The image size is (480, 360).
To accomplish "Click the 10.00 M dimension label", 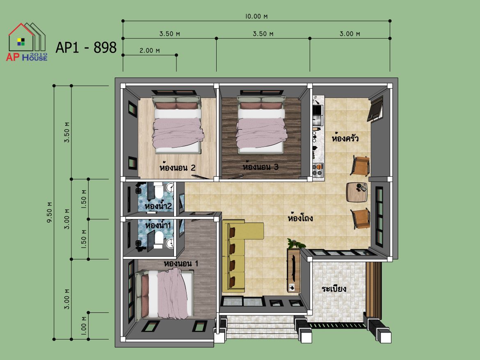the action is pyautogui.click(x=256, y=16).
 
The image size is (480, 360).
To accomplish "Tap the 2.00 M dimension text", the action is pyautogui.click(x=150, y=50).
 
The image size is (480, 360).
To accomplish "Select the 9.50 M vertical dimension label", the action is pyautogui.click(x=50, y=212).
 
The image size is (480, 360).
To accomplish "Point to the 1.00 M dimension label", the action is pyautogui.click(x=84, y=325).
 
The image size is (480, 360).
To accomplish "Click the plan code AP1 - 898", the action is pyautogui.click(x=86, y=48).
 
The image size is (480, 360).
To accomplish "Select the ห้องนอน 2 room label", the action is pyautogui.click(x=177, y=167).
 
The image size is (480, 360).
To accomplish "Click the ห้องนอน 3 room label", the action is pyautogui.click(x=261, y=166).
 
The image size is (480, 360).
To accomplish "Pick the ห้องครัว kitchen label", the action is pyautogui.click(x=345, y=138).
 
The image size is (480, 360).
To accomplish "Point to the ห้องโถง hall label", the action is pyautogui.click(x=300, y=218).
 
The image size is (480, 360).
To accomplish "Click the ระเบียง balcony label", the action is pyautogui.click(x=334, y=288).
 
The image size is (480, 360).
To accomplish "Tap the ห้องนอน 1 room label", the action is pyautogui.click(x=181, y=263).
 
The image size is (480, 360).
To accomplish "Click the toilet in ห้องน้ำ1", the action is pyautogui.click(x=159, y=239).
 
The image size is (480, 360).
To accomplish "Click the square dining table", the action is pyautogui.click(x=357, y=192).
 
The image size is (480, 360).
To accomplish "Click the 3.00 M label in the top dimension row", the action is pyautogui.click(x=350, y=34).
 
